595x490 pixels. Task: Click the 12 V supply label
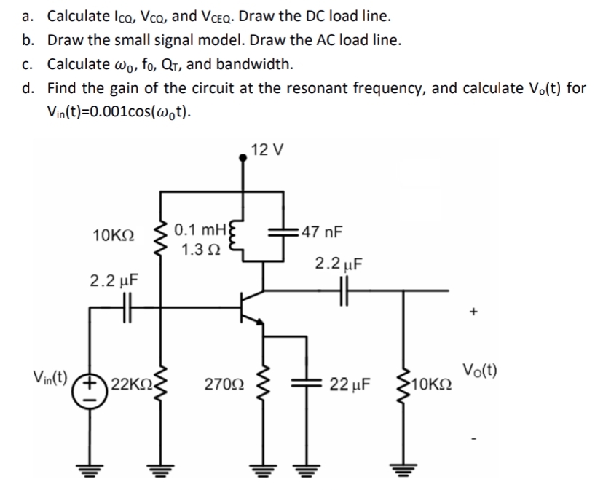click(x=267, y=151)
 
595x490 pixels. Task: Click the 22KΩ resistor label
click(x=130, y=384)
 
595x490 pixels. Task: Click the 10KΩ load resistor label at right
click(x=434, y=384)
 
